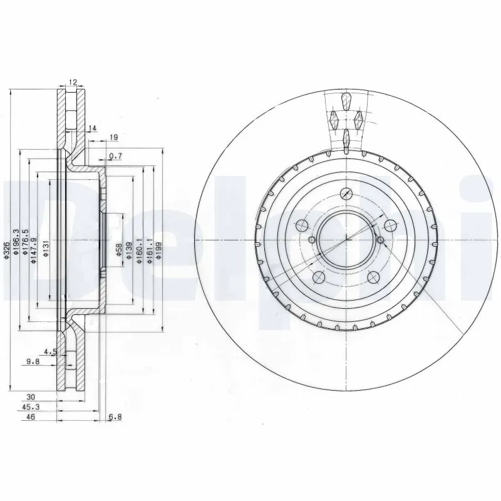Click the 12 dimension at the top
tap(73, 83)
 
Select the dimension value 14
tap(93, 128)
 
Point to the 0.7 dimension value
tap(115, 156)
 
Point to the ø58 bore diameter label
tap(118, 250)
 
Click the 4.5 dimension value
tap(51, 351)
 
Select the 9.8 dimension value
tap(34, 360)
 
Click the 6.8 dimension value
tap(115, 416)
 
